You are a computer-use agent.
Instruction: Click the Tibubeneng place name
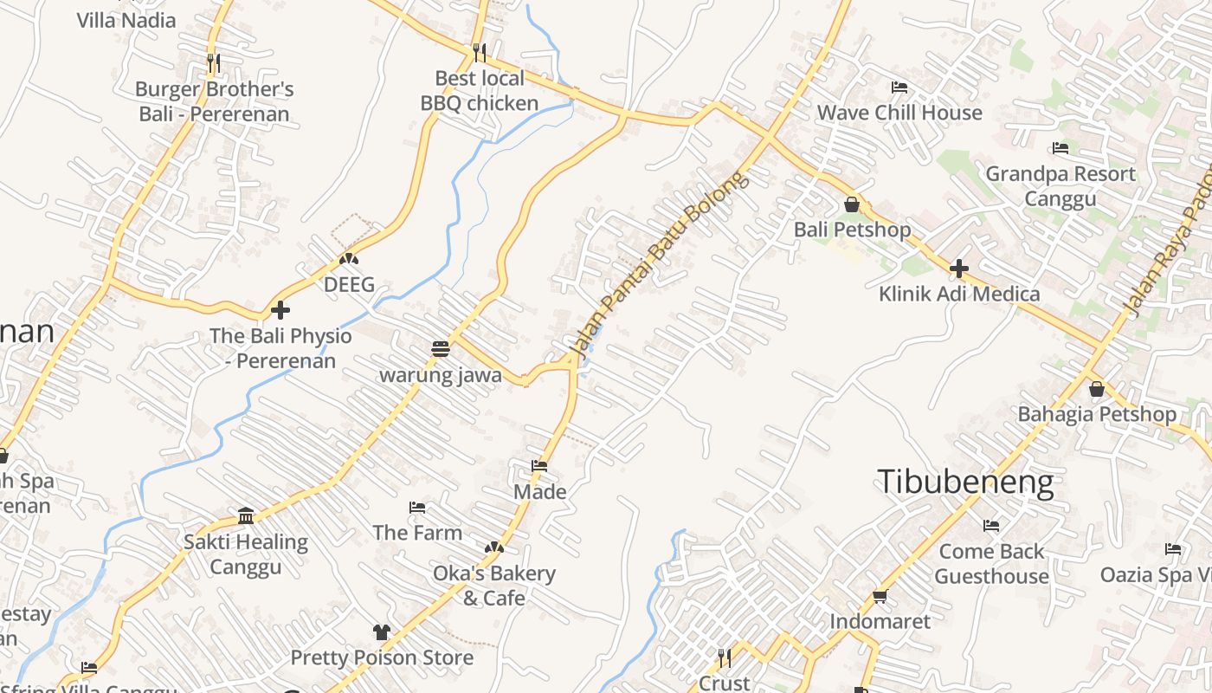[966, 482]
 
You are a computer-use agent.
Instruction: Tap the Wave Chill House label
[899, 113]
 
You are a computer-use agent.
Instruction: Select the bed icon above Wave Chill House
[899, 87]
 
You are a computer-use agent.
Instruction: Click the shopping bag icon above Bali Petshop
[852, 204]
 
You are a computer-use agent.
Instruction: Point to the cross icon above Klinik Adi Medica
[958, 269]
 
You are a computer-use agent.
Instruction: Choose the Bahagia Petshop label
[1097, 414]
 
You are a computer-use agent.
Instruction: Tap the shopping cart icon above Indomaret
[880, 596]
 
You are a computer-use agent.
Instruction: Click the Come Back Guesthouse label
[991, 563]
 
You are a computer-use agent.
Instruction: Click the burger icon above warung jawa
[441, 349]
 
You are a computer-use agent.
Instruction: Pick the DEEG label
[349, 284]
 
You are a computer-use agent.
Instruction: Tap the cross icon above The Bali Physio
[280, 309]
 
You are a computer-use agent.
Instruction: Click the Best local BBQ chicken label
[480, 91]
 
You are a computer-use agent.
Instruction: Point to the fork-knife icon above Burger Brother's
[214, 62]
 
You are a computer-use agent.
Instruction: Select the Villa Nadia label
[126, 20]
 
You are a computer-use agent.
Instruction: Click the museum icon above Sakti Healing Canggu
[246, 516]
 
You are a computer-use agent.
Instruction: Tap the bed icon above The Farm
[417, 507]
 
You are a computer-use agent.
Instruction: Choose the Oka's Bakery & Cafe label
[494, 586]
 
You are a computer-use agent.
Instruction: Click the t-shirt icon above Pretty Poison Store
[382, 631]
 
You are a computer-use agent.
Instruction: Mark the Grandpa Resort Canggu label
[1060, 186]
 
